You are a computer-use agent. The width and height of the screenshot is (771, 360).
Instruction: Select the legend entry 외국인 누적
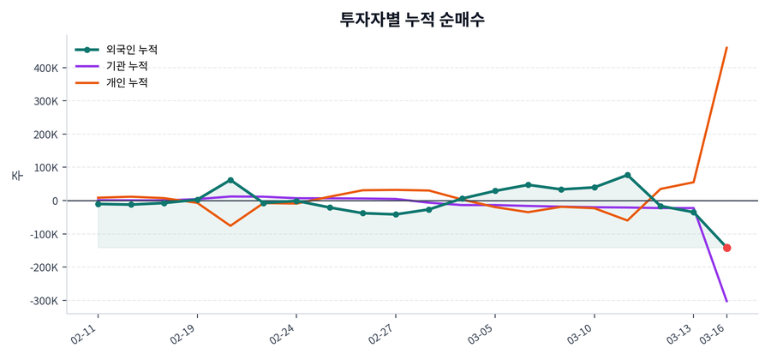(137, 50)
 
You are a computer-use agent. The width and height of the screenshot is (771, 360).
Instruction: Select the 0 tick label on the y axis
(54, 201)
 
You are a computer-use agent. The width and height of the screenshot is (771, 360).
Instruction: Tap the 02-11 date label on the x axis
(84, 333)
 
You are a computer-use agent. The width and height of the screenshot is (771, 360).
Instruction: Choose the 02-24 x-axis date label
(282, 333)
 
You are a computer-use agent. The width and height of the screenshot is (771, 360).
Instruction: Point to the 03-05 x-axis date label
(481, 333)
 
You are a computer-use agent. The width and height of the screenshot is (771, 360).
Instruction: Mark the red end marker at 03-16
(726, 248)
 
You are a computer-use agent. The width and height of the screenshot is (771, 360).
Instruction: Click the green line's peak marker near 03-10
(627, 175)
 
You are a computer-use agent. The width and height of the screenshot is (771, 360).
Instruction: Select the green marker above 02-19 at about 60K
(230, 180)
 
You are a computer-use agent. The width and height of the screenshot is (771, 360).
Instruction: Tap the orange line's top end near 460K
(726, 48)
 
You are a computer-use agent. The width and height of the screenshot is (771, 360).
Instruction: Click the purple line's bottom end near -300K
(726, 301)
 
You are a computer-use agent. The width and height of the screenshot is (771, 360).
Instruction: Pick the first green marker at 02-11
(99, 204)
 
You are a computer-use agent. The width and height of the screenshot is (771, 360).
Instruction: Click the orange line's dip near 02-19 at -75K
(230, 225)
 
